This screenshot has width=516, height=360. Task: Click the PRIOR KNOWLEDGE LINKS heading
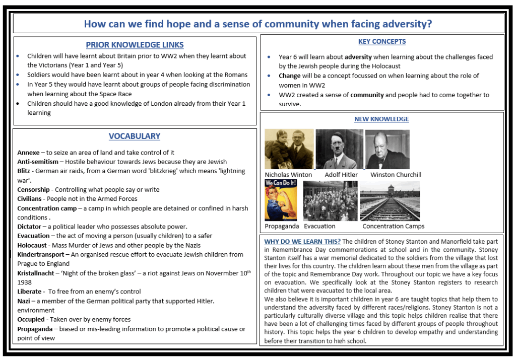coord(135,45)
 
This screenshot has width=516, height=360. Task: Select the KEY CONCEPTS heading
coord(382,41)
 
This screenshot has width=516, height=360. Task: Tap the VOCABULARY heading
coord(135,136)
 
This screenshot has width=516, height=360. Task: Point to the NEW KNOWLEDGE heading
coord(381,119)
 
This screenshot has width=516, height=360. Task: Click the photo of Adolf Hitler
coord(339,150)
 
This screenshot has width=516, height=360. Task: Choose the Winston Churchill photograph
coord(387,150)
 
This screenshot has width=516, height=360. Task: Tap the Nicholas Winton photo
coord(289,149)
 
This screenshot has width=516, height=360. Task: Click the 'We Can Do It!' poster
coord(281,200)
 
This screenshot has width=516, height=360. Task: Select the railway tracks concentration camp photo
coord(390,201)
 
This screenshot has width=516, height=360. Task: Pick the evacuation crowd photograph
coord(330,201)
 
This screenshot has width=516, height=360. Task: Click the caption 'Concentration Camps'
coord(394,226)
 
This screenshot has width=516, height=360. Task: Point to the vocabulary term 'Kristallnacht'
coord(36,273)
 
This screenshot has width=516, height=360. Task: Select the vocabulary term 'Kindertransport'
coord(40,254)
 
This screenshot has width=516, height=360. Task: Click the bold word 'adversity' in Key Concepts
coord(358,57)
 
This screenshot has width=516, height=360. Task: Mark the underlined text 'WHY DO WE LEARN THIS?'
coord(302,241)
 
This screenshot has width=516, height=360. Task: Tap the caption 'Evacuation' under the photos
coord(319,226)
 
